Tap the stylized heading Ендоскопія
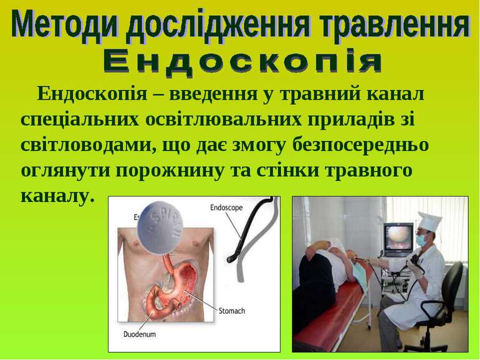pyautogui.click(x=242, y=62)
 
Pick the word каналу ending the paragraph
pyautogui.click(x=57, y=196)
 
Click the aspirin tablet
pyautogui.click(x=160, y=227)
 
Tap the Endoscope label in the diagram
pyautogui.click(x=226, y=208)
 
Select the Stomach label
pyautogui.click(x=232, y=311)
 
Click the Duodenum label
pyautogui.click(x=139, y=334)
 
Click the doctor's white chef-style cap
pyautogui.click(x=430, y=221)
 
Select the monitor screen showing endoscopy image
pyautogui.click(x=398, y=236)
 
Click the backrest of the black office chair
pyautogui.click(x=453, y=283)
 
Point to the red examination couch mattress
pyautogui.click(x=327, y=309)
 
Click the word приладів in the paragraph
pyautogui.click(x=350, y=120)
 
